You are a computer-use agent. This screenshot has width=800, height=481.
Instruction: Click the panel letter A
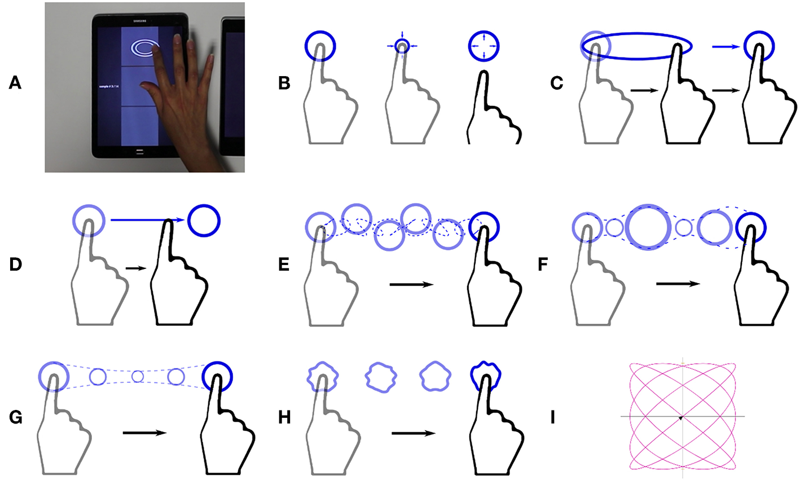tap(15, 83)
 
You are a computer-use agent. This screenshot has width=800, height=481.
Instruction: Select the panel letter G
tap(15, 418)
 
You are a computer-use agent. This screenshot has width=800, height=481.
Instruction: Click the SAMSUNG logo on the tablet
tap(140, 21)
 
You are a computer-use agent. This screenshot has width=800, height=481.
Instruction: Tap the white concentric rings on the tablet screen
tap(145, 48)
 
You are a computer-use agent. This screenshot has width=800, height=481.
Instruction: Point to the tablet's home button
tap(140, 152)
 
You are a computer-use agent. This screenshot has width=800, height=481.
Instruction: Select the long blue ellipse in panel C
tap(636, 46)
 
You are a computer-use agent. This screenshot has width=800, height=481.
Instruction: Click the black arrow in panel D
tap(133, 269)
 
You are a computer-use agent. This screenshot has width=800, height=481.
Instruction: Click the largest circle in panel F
tap(648, 227)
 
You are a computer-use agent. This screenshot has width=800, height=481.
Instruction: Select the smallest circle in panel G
tap(138, 376)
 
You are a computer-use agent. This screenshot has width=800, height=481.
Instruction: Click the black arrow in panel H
tap(413, 433)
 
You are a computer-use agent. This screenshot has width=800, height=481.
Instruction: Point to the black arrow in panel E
tap(411, 285)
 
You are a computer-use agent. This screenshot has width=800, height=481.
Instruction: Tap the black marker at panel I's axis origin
tap(681, 417)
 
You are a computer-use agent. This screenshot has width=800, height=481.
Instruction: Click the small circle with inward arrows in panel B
tap(402, 45)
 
